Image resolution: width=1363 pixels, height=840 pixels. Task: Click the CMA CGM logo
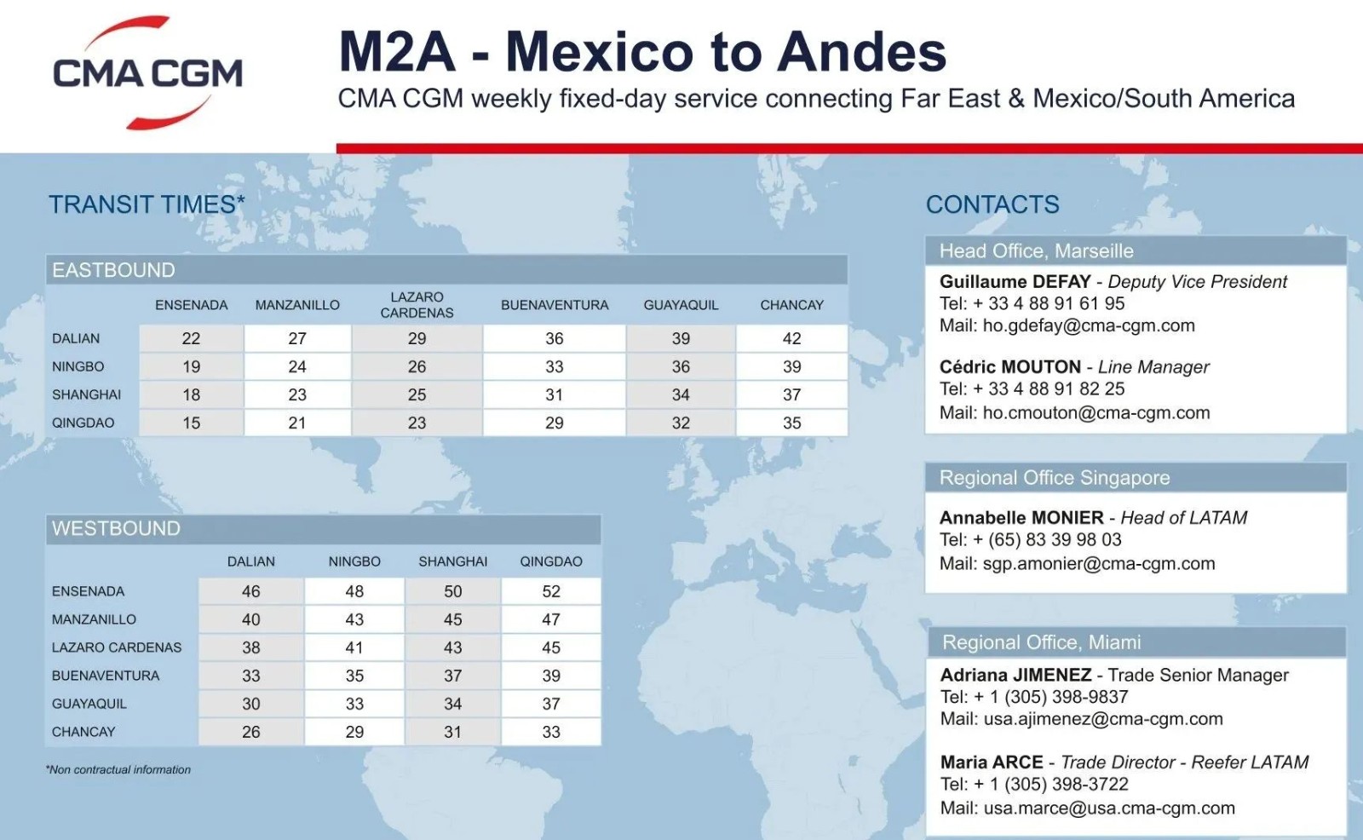pos(148,72)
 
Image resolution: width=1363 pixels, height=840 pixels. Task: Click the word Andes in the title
pos(861,52)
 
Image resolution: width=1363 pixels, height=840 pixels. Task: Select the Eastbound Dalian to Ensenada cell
pos(191,338)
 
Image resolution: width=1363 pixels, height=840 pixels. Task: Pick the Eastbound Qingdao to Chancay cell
pos(791,423)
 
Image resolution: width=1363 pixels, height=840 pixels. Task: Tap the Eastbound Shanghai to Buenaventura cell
pos(555,394)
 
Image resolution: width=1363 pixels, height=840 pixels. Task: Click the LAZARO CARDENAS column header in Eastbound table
pos(417,305)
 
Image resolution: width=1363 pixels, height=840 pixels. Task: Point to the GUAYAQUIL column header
pos(681,305)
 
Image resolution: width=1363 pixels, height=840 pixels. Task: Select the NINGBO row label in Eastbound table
pos(78,366)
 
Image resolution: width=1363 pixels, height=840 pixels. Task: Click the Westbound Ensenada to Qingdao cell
pos(550,591)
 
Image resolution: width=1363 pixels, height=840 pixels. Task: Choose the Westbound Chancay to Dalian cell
pos(250,732)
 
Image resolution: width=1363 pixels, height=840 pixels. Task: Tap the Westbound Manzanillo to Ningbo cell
pos(354,619)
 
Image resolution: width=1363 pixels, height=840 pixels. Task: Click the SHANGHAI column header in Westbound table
pos(452,561)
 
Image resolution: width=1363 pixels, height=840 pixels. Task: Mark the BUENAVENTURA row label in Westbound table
pos(106,676)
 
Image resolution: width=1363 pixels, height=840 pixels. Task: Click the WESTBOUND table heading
pos(116,528)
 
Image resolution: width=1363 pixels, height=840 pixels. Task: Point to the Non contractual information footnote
pos(118,769)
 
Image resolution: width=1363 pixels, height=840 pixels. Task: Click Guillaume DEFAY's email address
pos(1089,325)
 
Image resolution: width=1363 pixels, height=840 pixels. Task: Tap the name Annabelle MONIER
pos(1021,517)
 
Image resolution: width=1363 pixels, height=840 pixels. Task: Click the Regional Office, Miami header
pos(1041,642)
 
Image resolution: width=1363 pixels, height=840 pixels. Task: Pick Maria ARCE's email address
pos(1109,808)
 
